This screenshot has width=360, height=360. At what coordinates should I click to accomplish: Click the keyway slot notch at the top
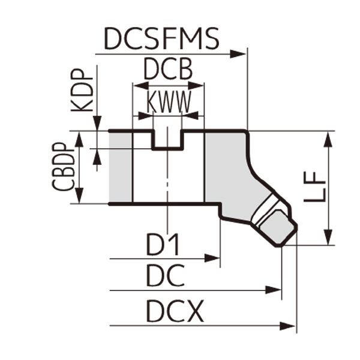(167, 139)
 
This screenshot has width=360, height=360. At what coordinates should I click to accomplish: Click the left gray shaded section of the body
(120, 167)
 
